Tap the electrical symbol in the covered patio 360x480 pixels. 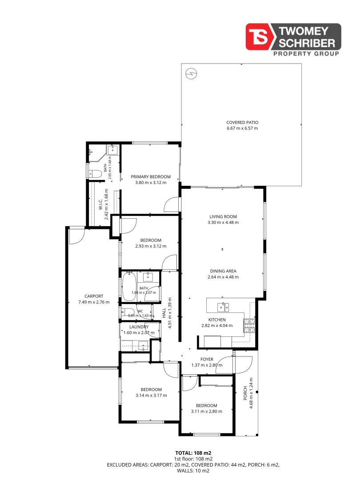click(x=192, y=73)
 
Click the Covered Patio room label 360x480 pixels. click(x=242, y=123)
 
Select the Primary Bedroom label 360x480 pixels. click(x=151, y=176)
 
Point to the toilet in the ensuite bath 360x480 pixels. click(x=95, y=174)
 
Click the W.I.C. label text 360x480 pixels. click(x=100, y=204)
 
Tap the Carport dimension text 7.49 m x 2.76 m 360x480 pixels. click(x=94, y=302)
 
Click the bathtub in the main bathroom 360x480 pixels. click(x=129, y=287)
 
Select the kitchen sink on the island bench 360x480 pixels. click(x=223, y=307)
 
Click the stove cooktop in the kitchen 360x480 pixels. click(x=249, y=326)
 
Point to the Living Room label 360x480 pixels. click(x=223, y=216)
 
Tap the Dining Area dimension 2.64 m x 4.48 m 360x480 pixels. click(x=223, y=277)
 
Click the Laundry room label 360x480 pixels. click(x=139, y=327)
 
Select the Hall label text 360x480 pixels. click(x=164, y=313)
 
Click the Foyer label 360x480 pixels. click(x=207, y=360)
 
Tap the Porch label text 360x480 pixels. click(x=245, y=393)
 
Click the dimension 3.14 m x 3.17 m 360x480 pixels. click(x=151, y=396)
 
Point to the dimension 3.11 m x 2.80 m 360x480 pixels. click(x=207, y=412)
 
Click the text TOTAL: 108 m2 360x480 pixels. click(x=193, y=453)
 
